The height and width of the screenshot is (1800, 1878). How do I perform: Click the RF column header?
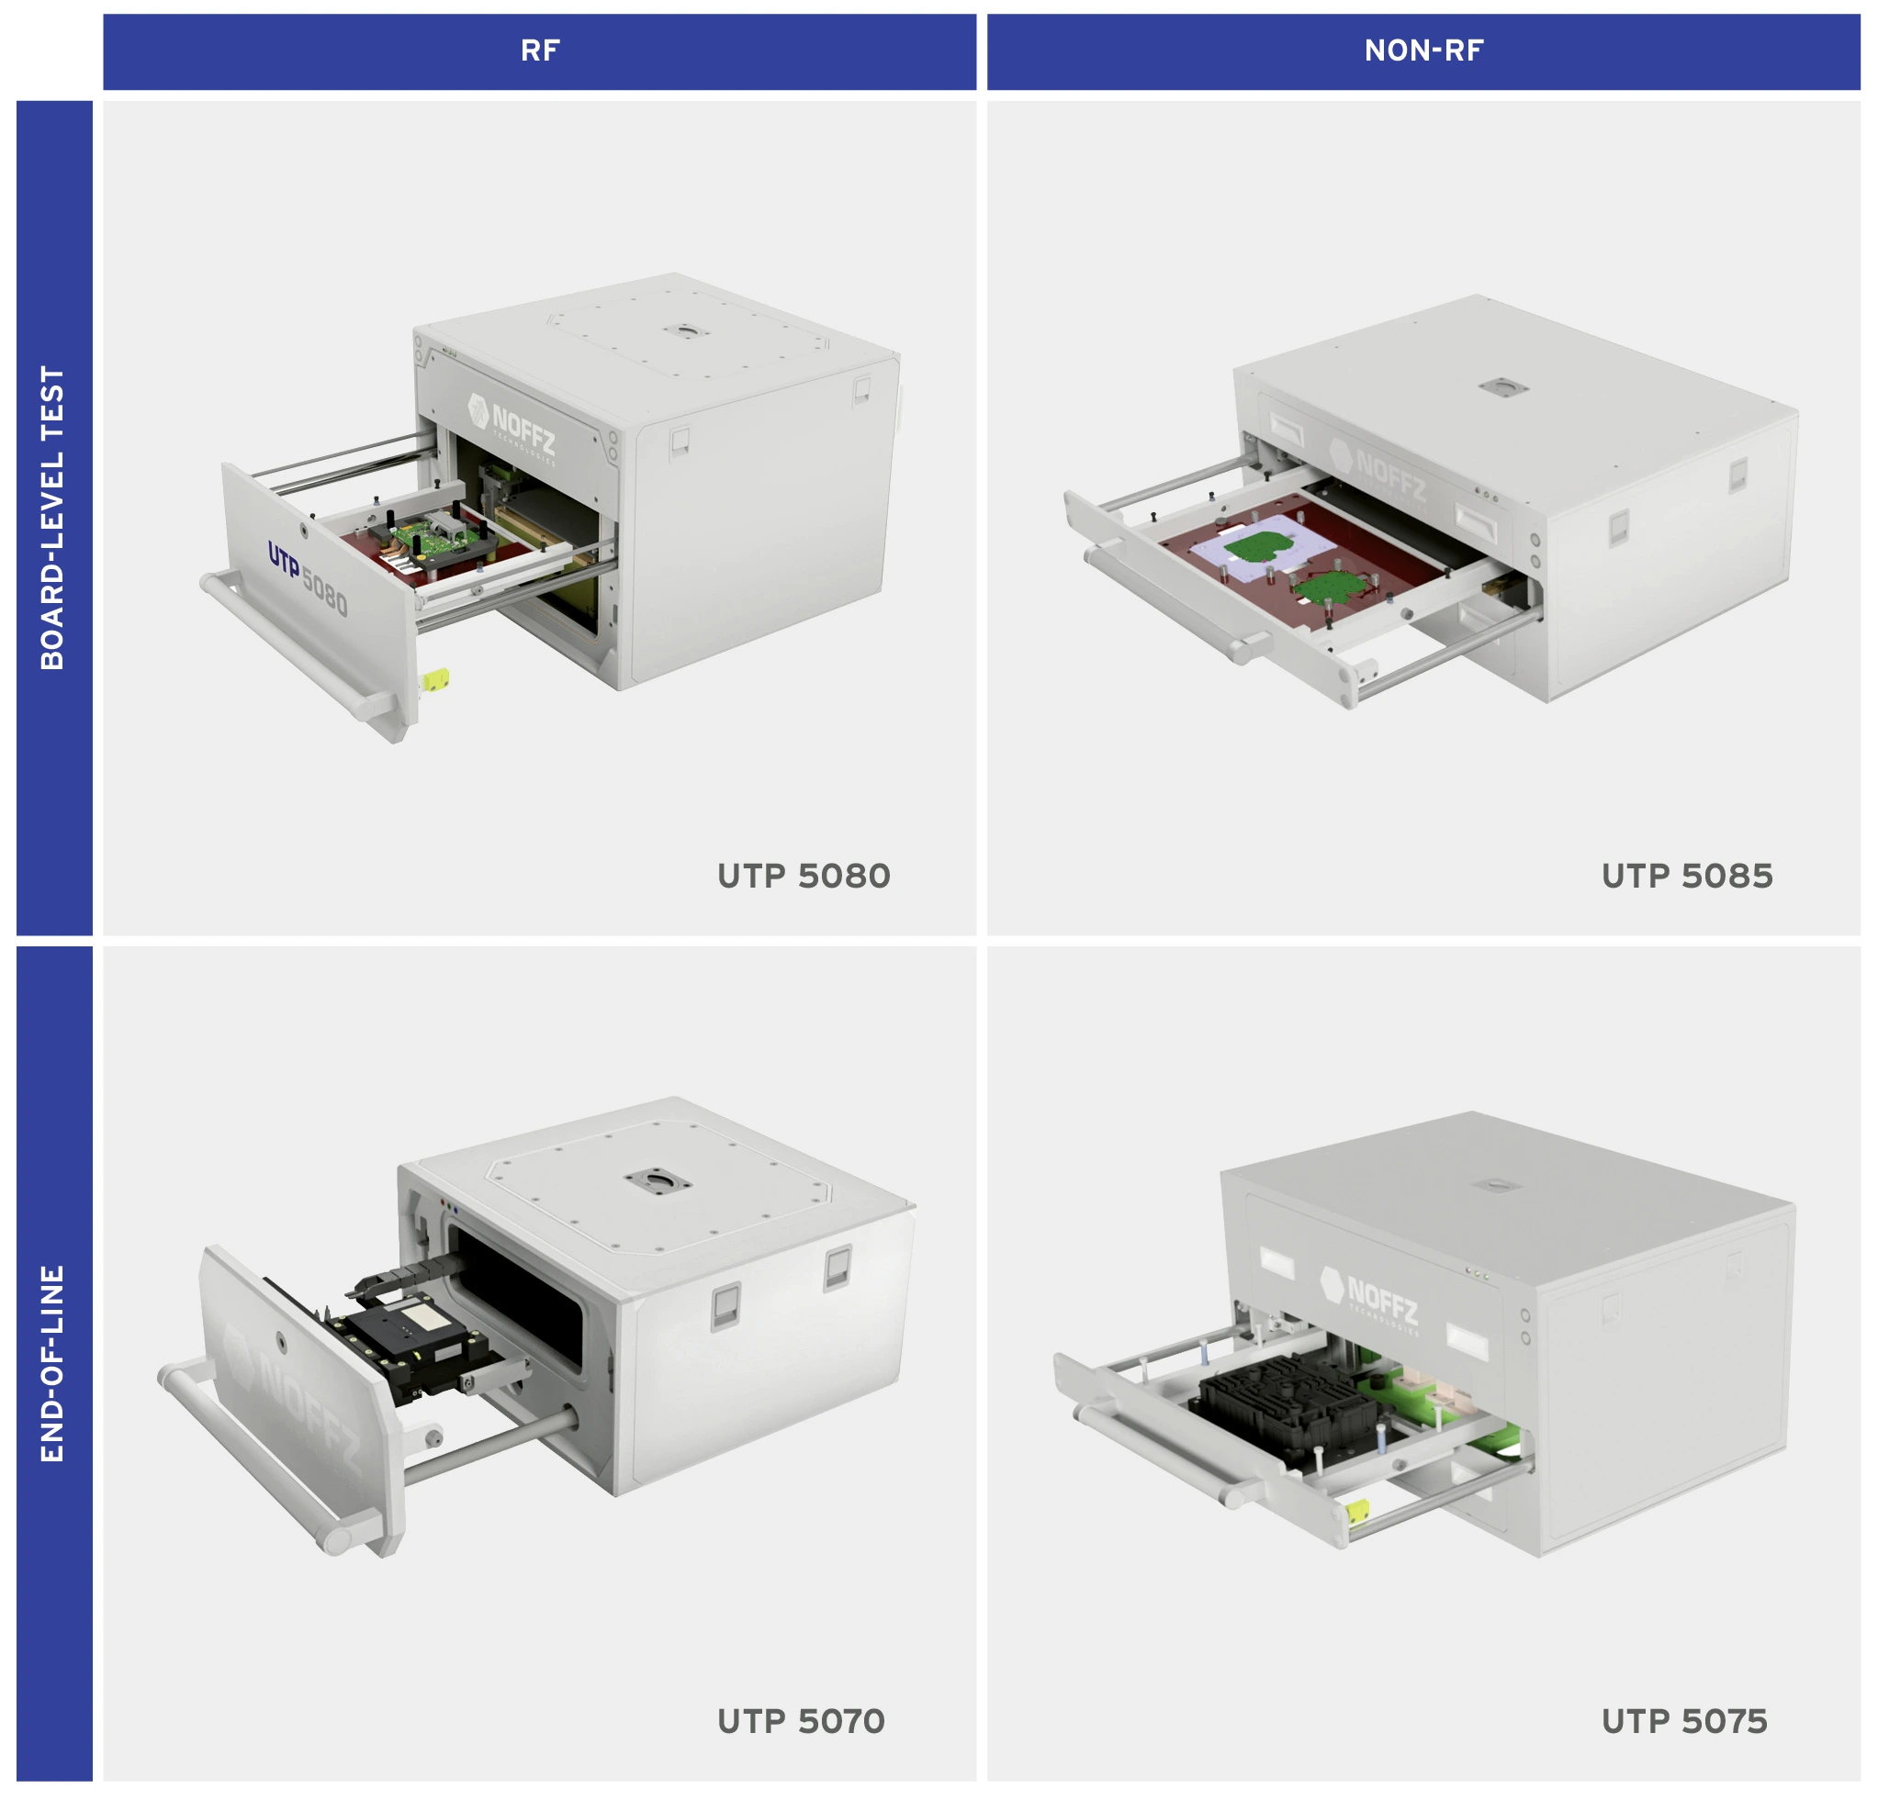coord(539,50)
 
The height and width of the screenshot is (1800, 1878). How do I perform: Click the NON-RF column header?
coord(1423,50)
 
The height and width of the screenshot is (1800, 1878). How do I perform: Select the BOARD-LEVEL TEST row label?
coord(53,518)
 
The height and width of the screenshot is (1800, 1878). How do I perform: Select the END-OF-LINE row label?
coord(53,1362)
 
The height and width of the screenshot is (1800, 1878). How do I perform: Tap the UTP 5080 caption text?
coord(803,876)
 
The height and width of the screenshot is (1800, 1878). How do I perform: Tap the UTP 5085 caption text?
coord(1686,876)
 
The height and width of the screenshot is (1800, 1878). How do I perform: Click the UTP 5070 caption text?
coord(801,1720)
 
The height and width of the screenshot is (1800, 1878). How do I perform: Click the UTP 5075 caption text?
coord(1684,1720)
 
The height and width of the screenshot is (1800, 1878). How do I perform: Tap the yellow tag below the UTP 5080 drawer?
coord(436,679)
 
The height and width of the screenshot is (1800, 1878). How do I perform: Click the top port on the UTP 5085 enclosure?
coord(1501,386)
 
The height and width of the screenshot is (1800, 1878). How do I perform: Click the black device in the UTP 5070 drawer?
coord(412,1331)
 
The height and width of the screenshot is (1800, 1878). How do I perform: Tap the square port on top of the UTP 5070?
coord(657,1180)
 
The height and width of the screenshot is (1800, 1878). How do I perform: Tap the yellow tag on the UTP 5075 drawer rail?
coord(1355,1512)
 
